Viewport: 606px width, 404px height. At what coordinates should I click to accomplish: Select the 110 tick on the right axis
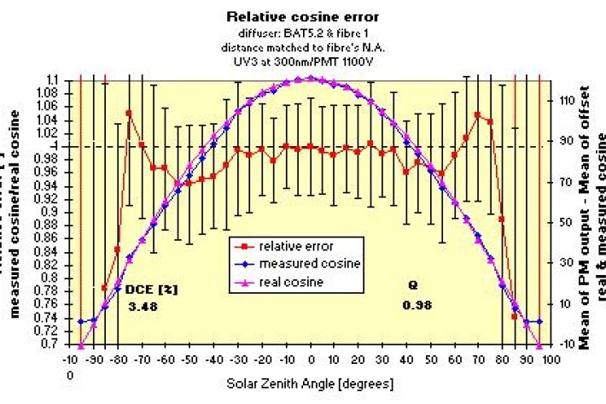point(567,100)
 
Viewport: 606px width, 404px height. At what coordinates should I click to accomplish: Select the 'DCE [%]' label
point(154,289)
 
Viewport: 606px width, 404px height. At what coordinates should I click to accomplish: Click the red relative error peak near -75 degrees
point(129,113)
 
